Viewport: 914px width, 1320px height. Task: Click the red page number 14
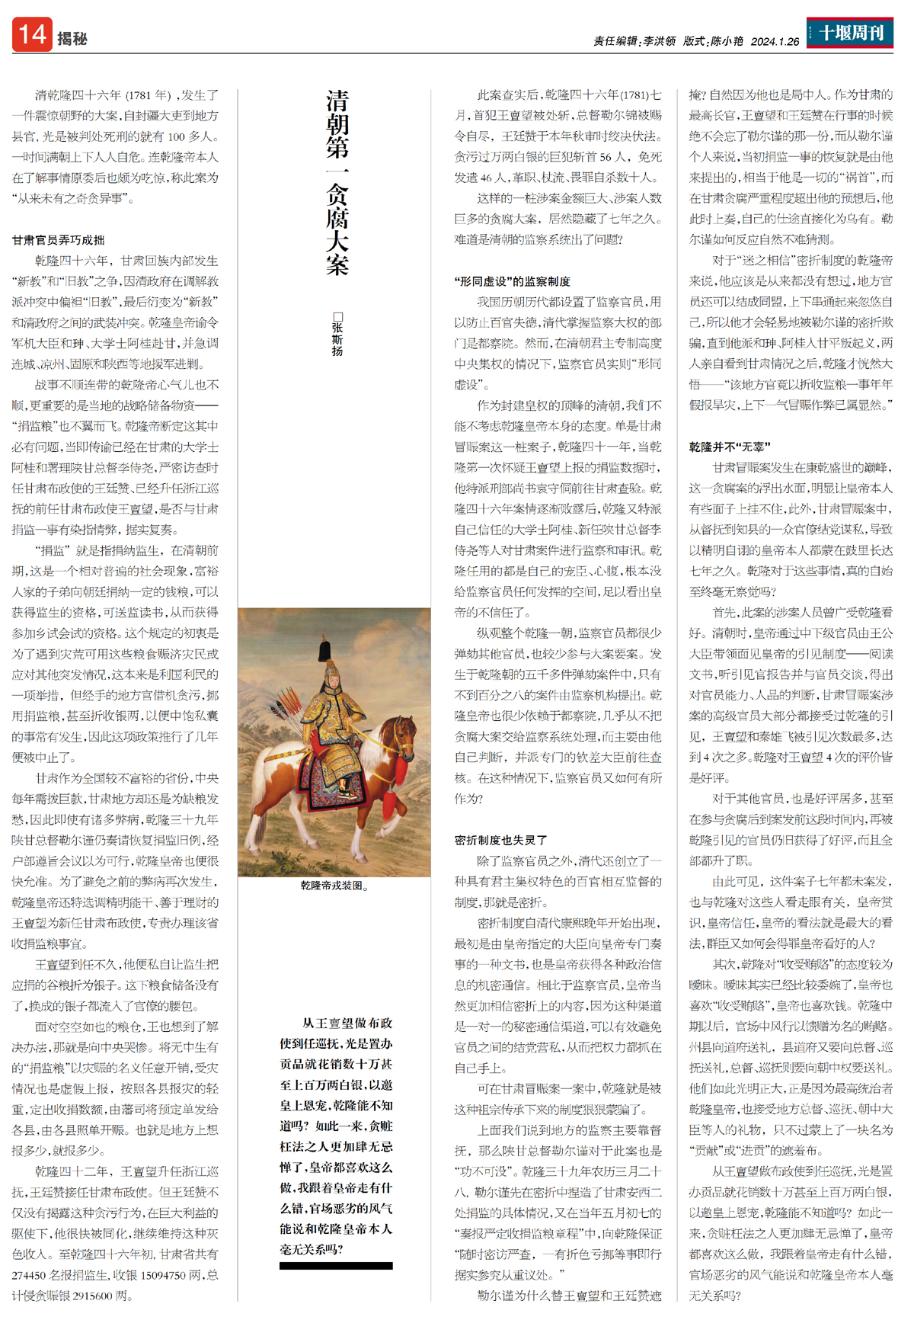point(32,35)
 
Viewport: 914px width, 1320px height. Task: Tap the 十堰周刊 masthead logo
point(850,33)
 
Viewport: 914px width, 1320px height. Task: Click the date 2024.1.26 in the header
point(775,41)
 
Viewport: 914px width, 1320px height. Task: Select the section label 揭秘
point(72,39)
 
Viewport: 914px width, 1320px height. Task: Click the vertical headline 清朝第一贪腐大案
point(337,183)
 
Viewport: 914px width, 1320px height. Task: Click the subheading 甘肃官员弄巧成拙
point(59,240)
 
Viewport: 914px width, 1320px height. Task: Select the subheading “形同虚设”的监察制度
point(513,281)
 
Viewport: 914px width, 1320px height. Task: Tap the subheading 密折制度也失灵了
point(501,840)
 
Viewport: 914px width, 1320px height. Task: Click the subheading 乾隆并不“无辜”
point(730,447)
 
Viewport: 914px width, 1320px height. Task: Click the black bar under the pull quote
point(336,1266)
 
